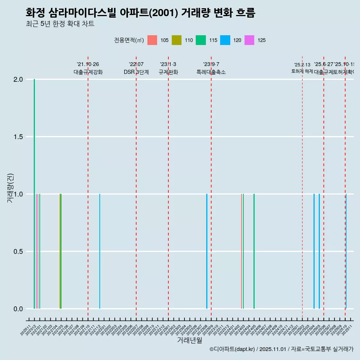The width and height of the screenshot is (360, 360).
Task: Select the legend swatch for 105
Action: click(152, 40)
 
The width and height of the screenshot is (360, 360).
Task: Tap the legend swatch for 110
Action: click(176, 40)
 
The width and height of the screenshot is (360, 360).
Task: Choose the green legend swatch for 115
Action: click(201, 40)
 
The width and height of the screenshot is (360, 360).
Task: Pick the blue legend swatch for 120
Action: click(225, 40)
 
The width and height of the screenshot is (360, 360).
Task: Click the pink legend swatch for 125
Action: click(249, 40)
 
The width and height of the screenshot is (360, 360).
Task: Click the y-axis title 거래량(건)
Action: click(10, 188)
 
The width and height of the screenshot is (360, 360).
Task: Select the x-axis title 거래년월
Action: click(189, 340)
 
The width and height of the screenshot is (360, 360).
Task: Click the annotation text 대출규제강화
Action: click(88, 72)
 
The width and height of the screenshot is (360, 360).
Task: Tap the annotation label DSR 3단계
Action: click(136, 72)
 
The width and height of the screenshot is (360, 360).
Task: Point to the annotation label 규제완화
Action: click(168, 72)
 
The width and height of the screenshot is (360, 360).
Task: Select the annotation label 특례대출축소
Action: click(211, 72)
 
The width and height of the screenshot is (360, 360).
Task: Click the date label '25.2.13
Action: click(302, 65)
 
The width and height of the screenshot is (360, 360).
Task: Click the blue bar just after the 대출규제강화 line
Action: click(100, 251)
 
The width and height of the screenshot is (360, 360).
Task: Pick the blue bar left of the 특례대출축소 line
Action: click(207, 251)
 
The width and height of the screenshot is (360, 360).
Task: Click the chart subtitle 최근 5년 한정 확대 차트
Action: click(60, 24)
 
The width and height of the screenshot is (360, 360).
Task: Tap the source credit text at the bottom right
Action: click(281, 349)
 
